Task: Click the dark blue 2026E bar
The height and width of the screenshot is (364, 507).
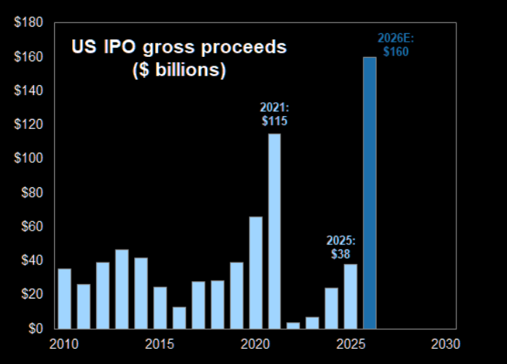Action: tap(369, 193)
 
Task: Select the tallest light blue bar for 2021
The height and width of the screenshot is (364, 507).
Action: tap(274, 231)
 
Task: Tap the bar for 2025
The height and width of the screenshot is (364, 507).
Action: tap(351, 296)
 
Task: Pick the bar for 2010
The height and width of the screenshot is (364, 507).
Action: tap(64, 298)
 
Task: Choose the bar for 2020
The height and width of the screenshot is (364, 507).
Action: tap(255, 272)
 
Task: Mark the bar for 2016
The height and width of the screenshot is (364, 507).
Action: tap(179, 317)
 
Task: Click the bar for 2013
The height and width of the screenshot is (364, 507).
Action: tap(122, 289)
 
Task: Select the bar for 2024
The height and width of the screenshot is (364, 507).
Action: tap(331, 308)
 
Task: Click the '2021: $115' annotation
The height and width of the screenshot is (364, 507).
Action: tap(273, 115)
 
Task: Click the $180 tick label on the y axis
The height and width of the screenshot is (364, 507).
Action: tap(28, 22)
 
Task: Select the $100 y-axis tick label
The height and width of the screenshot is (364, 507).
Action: tap(28, 159)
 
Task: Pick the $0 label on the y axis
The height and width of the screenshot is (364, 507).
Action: tap(34, 329)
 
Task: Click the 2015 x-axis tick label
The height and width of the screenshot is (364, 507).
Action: tap(159, 344)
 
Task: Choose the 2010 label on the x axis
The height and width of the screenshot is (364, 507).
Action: tap(64, 344)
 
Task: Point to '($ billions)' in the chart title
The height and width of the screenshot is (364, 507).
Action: tap(178, 71)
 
